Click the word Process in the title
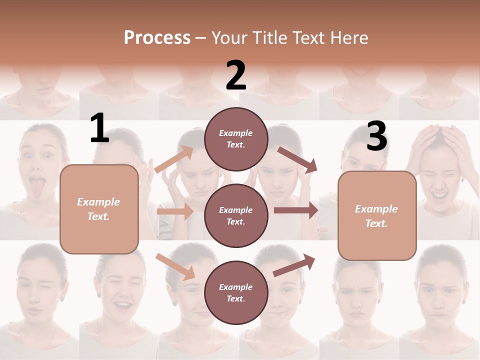(157, 38)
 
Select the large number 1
(99, 129)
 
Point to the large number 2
(236, 75)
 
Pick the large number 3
(376, 137)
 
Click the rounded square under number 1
(99, 209)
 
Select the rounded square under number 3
(377, 215)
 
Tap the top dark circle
(236, 139)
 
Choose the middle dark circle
(236, 215)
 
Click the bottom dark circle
(236, 292)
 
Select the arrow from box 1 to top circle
(174, 159)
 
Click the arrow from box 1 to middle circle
(174, 211)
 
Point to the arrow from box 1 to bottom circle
(175, 266)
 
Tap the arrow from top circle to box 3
(297, 160)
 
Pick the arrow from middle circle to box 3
(295, 210)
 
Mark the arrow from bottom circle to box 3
(294, 265)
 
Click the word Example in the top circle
(235, 133)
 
